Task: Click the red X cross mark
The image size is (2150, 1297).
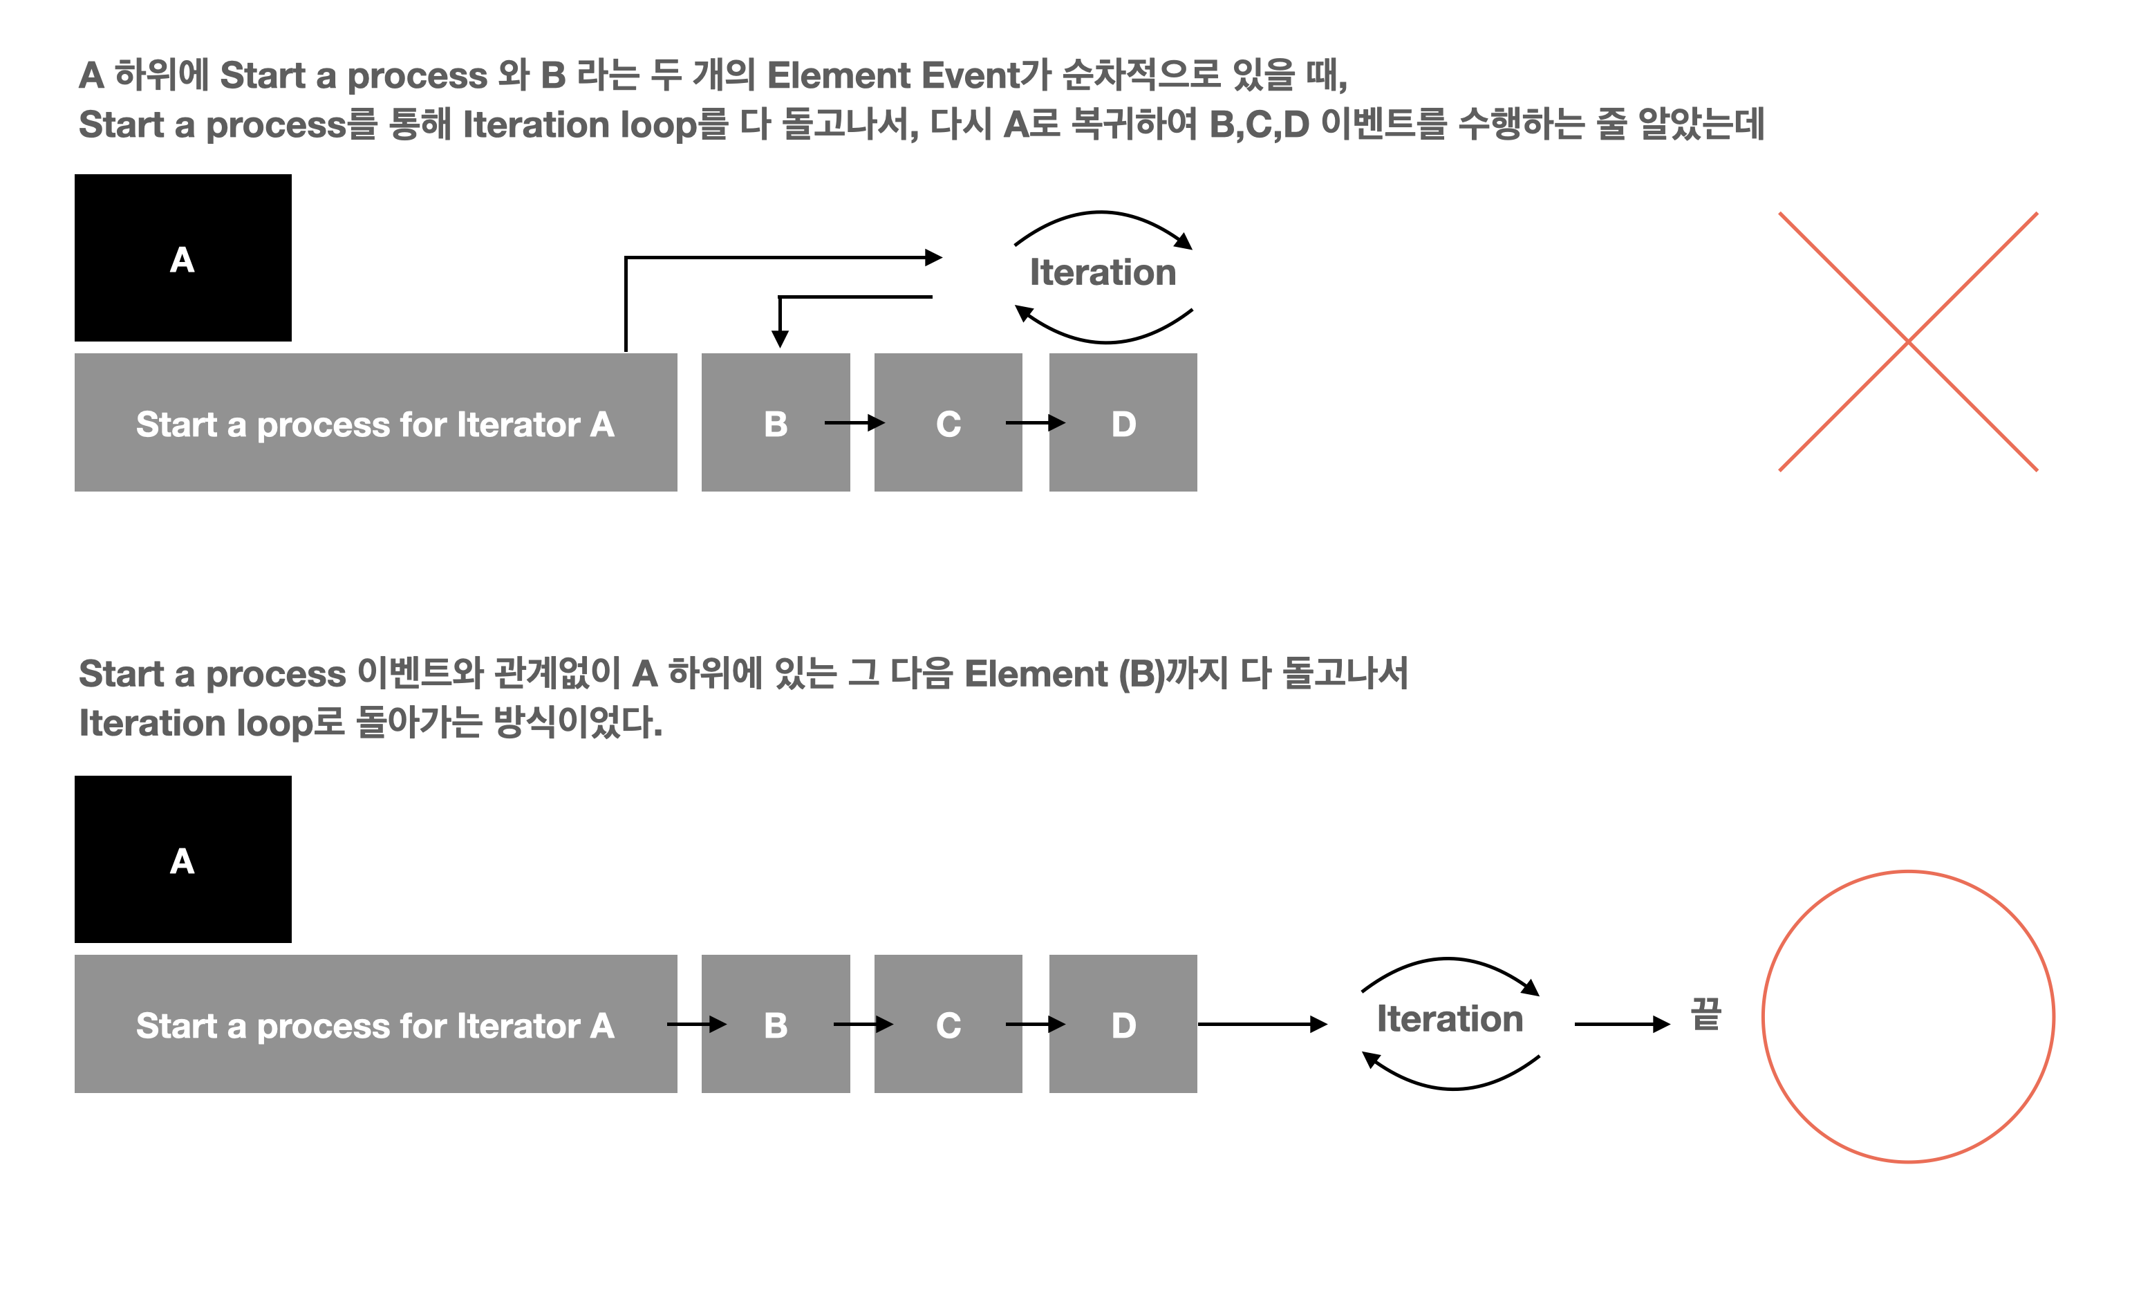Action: tap(1907, 342)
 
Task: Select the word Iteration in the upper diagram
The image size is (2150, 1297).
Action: tap(1102, 272)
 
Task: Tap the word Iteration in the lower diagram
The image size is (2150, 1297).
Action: tap(1449, 1018)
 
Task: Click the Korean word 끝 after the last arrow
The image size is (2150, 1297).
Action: tap(1706, 1014)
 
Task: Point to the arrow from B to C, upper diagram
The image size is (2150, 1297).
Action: tap(853, 423)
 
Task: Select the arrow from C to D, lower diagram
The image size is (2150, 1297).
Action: tap(1035, 1024)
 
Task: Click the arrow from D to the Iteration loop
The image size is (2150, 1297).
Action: tap(1262, 1024)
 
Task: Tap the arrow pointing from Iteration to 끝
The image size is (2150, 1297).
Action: tap(1621, 1024)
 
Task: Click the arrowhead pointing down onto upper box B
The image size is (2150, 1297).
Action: tap(780, 338)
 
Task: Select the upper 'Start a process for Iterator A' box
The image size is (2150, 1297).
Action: tap(375, 422)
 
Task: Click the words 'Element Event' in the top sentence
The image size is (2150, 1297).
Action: tap(892, 76)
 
